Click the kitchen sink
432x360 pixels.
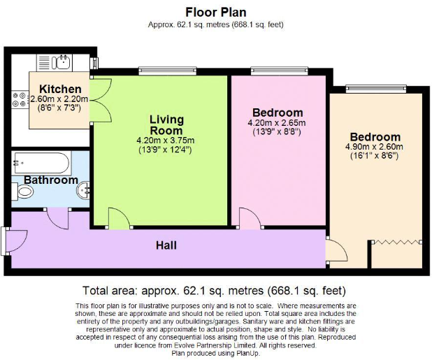point(60,62)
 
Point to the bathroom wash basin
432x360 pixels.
point(83,189)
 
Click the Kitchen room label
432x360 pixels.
point(59,89)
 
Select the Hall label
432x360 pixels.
point(166,245)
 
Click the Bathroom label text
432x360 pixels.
point(51,180)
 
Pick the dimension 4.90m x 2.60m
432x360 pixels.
point(375,147)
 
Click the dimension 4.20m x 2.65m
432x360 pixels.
point(278,123)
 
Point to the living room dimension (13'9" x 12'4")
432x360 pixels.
point(166,150)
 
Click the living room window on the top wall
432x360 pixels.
point(157,70)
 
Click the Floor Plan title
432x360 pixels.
point(215,12)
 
